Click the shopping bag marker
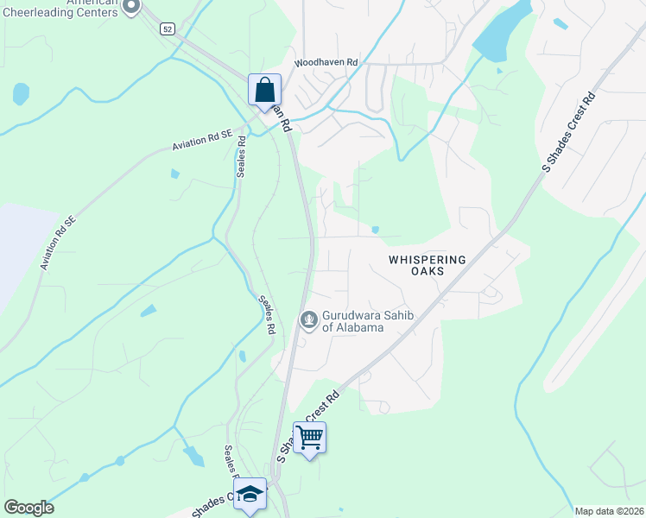pyautogui.click(x=264, y=90)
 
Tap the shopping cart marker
pyautogui.click(x=309, y=438)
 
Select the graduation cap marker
pyautogui.click(x=250, y=494)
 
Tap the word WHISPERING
pyautogui.click(x=427, y=259)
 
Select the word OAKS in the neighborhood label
pyautogui.click(x=427, y=271)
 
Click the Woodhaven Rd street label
pyautogui.click(x=326, y=63)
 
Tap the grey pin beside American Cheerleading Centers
pyautogui.click(x=130, y=8)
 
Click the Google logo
pyautogui.click(x=28, y=508)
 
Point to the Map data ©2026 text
pyautogui.click(x=609, y=511)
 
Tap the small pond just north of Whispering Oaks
pyautogui.click(x=375, y=230)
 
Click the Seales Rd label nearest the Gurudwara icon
pyautogui.click(x=266, y=315)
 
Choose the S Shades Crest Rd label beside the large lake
pyautogui.click(x=570, y=133)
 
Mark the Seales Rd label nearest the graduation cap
pyautogui.click(x=231, y=463)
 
